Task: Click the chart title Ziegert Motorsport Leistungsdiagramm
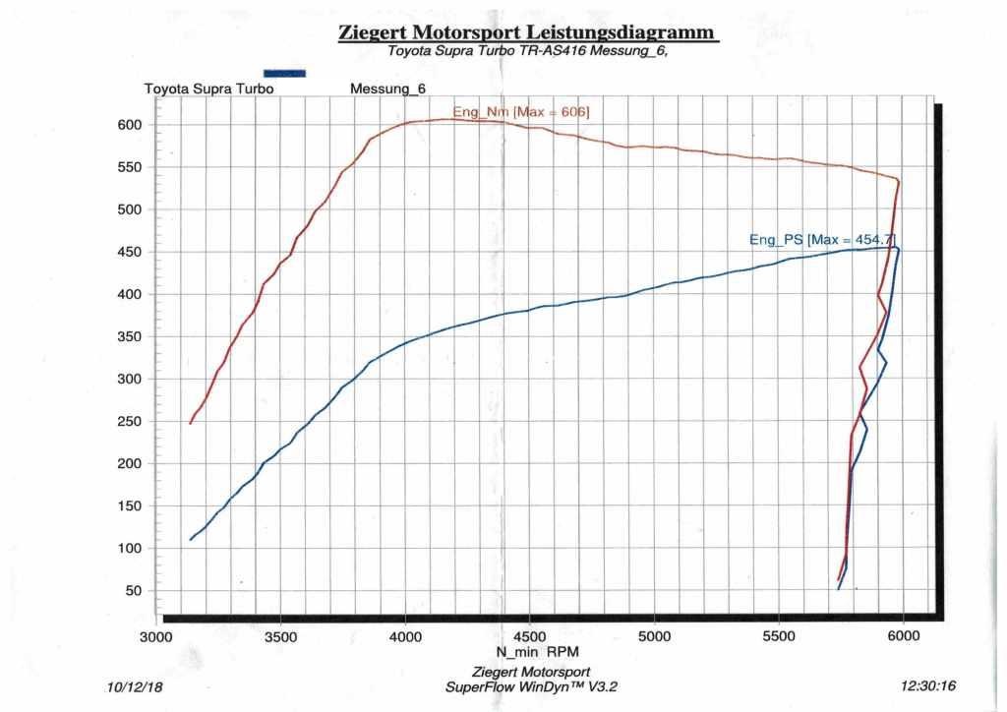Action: (x=529, y=31)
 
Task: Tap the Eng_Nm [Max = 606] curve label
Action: (x=520, y=111)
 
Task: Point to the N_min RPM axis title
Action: (x=531, y=652)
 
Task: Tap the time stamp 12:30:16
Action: (x=928, y=686)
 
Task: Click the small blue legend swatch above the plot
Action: (x=285, y=73)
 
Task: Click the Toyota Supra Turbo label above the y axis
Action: (x=208, y=89)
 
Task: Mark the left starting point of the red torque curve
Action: (x=191, y=423)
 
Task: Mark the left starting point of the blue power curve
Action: (x=191, y=539)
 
